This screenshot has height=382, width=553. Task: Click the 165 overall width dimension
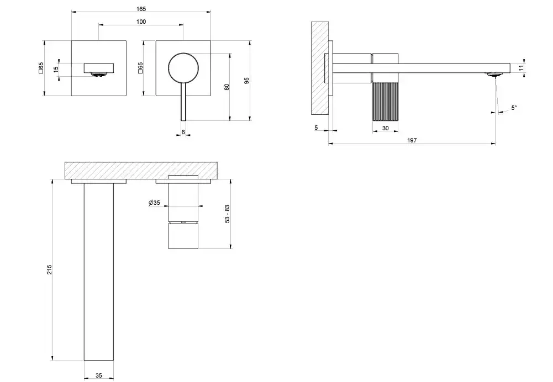click(x=141, y=9)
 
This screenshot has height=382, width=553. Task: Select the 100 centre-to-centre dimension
click(x=141, y=22)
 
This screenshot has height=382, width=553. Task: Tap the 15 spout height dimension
click(x=56, y=70)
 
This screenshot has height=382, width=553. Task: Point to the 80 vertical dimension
click(x=227, y=86)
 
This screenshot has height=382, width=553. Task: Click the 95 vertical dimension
click(x=247, y=81)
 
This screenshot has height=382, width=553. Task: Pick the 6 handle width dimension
click(x=183, y=132)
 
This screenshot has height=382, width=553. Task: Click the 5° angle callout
click(x=514, y=108)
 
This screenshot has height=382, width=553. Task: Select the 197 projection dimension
click(x=412, y=140)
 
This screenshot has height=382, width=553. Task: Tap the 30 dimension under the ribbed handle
click(x=386, y=128)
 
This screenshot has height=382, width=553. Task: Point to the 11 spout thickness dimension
click(x=522, y=68)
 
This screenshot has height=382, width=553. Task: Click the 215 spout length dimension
click(x=50, y=269)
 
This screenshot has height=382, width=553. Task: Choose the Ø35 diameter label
click(x=155, y=203)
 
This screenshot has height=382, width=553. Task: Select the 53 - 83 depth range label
click(x=228, y=214)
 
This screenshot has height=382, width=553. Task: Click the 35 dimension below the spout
click(x=99, y=376)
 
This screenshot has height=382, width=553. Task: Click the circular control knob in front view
click(x=183, y=68)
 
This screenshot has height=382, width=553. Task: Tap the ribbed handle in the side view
click(x=386, y=101)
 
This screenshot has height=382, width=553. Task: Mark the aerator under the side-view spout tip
click(x=495, y=75)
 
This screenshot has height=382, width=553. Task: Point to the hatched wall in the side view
click(x=320, y=68)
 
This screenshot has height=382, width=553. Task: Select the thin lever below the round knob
click(x=183, y=102)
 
